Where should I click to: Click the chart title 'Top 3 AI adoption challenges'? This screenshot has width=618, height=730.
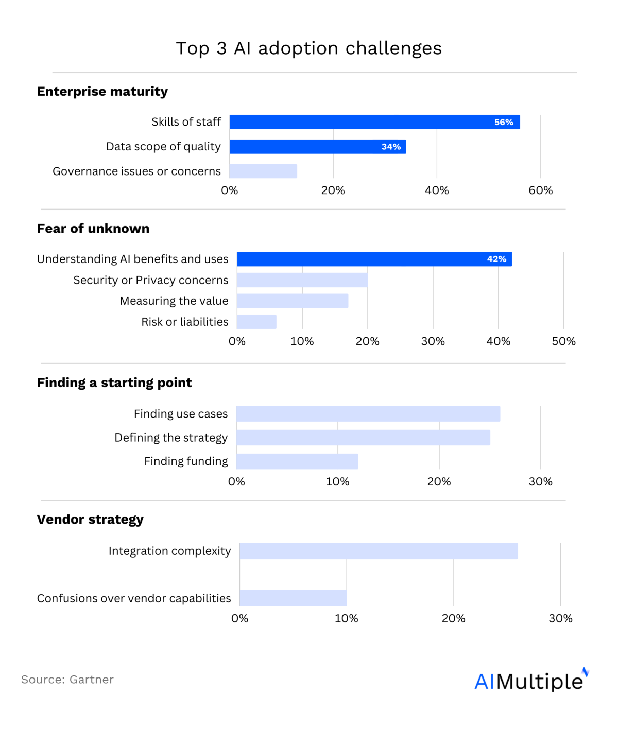pyautogui.click(x=308, y=48)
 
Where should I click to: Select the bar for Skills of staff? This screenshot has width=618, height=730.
pyautogui.click(x=374, y=122)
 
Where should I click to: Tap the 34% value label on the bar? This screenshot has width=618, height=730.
pyautogui.click(x=391, y=147)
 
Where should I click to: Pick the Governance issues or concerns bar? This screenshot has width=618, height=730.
pyautogui.click(x=263, y=171)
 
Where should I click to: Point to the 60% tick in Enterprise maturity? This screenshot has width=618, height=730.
pyautogui.click(x=540, y=190)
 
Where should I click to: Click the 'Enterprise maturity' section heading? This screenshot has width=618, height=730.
pyautogui.click(x=102, y=92)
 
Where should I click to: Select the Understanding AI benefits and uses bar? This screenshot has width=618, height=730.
pyautogui.click(x=374, y=259)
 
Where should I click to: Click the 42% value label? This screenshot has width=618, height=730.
pyautogui.click(x=496, y=259)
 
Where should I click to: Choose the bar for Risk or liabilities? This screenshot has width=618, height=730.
pyautogui.click(x=256, y=322)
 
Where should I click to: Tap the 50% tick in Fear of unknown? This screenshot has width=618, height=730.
pyautogui.click(x=563, y=341)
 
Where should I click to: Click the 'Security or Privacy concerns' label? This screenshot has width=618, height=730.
pyautogui.click(x=150, y=280)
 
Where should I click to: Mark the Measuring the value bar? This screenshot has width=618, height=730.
pyautogui.click(x=293, y=301)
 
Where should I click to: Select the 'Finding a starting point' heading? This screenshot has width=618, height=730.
pyautogui.click(x=114, y=383)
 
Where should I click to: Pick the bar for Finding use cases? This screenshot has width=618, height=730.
pyautogui.click(x=368, y=414)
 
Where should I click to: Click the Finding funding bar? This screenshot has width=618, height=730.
pyautogui.click(x=297, y=461)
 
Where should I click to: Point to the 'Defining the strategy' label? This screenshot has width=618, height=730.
pyautogui.click(x=171, y=438)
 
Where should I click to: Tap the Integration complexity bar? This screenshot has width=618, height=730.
pyautogui.click(x=379, y=551)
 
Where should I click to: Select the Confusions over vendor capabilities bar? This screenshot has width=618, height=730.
pyautogui.click(x=293, y=598)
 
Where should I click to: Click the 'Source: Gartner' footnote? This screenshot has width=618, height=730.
pyautogui.click(x=67, y=680)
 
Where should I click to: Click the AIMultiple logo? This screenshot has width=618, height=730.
pyautogui.click(x=530, y=681)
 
